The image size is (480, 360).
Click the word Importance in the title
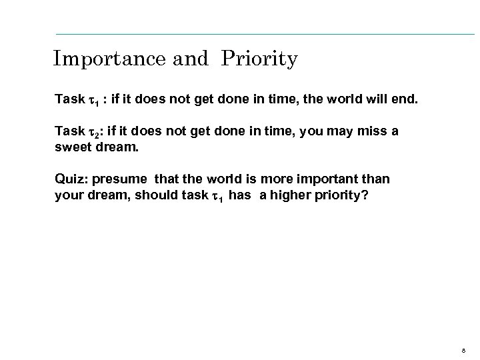tap(109, 59)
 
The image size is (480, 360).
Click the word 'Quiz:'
tap(69, 179)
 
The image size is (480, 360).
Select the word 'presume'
tap(122, 179)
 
